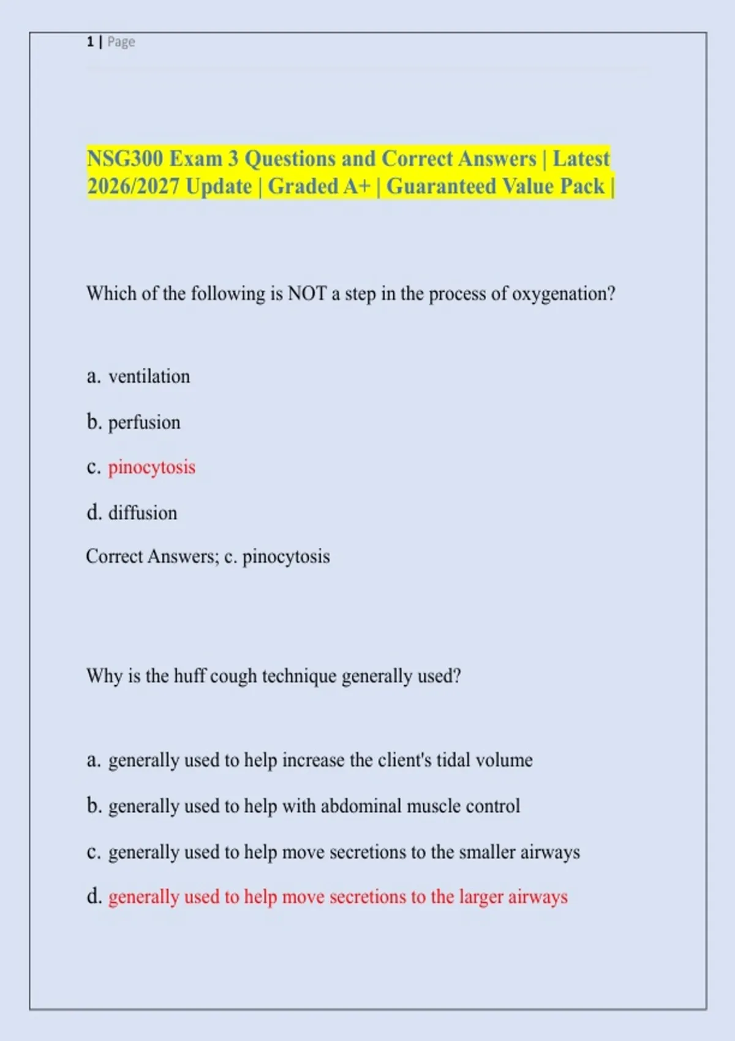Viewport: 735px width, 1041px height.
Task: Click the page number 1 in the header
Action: (90, 42)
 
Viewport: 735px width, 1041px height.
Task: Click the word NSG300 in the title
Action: (125, 159)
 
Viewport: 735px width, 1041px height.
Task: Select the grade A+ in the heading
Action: (357, 186)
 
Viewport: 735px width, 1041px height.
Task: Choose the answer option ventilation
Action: (149, 376)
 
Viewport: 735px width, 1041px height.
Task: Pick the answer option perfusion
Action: (144, 422)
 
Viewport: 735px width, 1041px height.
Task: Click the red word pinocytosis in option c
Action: (152, 467)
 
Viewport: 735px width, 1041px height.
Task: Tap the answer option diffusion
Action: (143, 513)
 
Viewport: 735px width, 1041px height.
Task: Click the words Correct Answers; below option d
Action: (153, 556)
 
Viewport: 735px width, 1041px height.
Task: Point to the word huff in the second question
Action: (189, 676)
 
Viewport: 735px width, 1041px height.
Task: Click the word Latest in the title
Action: (581, 159)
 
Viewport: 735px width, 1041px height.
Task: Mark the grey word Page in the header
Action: (121, 42)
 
